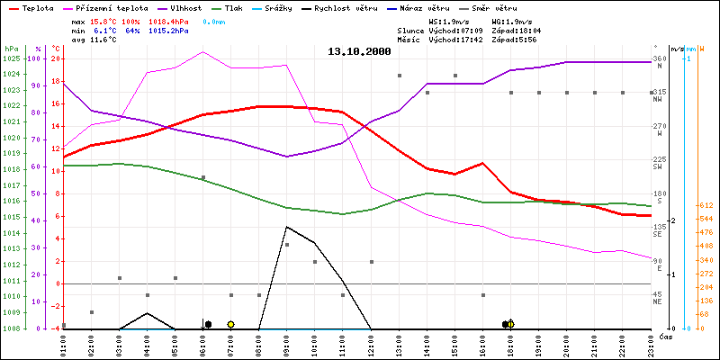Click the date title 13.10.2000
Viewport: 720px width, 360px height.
coord(359,51)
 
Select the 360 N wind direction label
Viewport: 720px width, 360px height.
coord(659,62)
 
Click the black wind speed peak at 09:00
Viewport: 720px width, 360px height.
coord(286,227)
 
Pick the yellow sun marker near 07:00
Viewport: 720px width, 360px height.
coord(230,324)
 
